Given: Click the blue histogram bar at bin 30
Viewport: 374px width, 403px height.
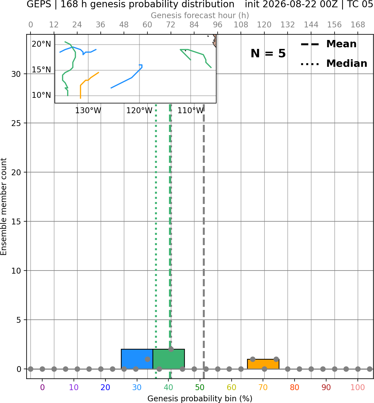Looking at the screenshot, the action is (x=137, y=359).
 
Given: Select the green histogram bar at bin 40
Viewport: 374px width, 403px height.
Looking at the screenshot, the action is (x=169, y=359).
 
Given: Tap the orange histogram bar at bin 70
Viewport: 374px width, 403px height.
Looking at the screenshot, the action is (x=263, y=364).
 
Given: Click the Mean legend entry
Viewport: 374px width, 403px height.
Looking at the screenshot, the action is (x=328, y=44).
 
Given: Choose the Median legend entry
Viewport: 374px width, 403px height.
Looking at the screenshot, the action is (x=334, y=63).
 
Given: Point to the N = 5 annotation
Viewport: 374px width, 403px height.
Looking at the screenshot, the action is (x=268, y=53).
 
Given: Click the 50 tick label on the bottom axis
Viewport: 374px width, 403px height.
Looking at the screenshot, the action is (x=200, y=388).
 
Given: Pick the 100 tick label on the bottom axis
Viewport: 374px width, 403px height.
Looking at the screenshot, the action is (x=357, y=388).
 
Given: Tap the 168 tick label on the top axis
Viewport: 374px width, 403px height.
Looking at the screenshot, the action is (x=358, y=25).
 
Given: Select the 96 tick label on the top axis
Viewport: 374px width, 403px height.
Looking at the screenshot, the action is (x=218, y=25).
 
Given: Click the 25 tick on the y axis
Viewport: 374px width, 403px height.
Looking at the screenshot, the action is (x=16, y=123).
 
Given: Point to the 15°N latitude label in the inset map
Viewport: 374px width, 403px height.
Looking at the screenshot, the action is (x=41, y=70).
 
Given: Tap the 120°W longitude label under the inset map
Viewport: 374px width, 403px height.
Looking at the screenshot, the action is (x=139, y=111).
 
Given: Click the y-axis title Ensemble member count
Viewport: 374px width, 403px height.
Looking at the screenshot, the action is (x=3, y=207).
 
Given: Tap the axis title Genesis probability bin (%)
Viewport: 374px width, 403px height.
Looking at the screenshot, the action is (x=200, y=399).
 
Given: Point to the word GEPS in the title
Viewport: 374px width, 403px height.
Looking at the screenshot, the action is (x=39, y=4).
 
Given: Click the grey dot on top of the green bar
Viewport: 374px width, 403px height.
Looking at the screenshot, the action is (x=171, y=349).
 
